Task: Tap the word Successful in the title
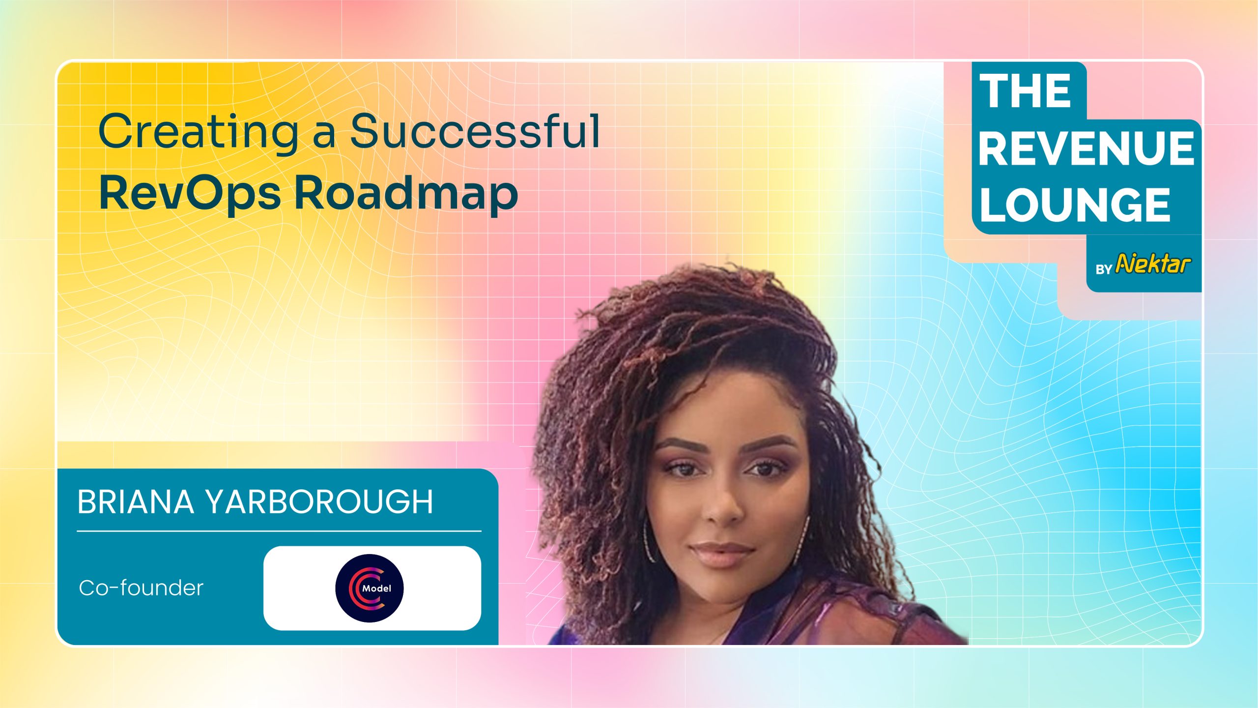click(475, 130)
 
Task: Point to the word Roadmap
click(406, 193)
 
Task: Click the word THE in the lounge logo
click(1025, 91)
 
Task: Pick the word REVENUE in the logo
click(1086, 148)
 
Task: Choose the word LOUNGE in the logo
click(1075, 205)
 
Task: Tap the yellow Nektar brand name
click(1153, 264)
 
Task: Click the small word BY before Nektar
click(1104, 269)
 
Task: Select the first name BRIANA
click(136, 502)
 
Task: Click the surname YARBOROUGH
click(319, 502)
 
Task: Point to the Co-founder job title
click(141, 588)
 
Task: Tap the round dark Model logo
click(370, 588)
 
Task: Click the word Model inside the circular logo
click(377, 588)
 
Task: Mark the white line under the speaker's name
click(279, 531)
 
